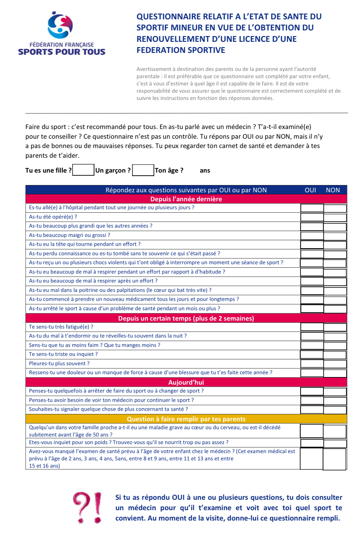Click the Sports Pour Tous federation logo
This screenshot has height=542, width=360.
click(62, 34)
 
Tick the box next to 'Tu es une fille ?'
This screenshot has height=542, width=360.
click(83, 170)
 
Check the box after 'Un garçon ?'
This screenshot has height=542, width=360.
click(143, 170)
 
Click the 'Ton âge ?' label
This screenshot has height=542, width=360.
click(169, 170)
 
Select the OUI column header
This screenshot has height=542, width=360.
click(310, 190)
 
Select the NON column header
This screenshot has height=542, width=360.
click(333, 190)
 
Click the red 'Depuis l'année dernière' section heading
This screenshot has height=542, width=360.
click(186, 199)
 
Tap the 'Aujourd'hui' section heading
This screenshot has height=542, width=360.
click(186, 382)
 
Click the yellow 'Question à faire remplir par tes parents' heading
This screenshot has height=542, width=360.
click(186, 419)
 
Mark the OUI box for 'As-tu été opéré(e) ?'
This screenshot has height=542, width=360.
click(312, 217)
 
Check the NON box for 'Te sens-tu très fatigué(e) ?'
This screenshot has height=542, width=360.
click(335, 327)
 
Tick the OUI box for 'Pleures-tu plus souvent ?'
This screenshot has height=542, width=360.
click(312, 364)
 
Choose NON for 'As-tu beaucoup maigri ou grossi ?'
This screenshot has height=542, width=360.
click(335, 236)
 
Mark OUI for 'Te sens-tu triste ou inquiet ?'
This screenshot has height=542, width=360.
click(312, 355)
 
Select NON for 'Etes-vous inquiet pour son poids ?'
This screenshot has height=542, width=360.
click(335, 443)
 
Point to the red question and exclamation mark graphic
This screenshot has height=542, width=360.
click(87, 507)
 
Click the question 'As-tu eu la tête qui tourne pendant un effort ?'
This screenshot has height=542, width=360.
click(85, 244)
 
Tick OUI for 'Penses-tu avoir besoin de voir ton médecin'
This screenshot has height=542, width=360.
click(312, 401)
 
